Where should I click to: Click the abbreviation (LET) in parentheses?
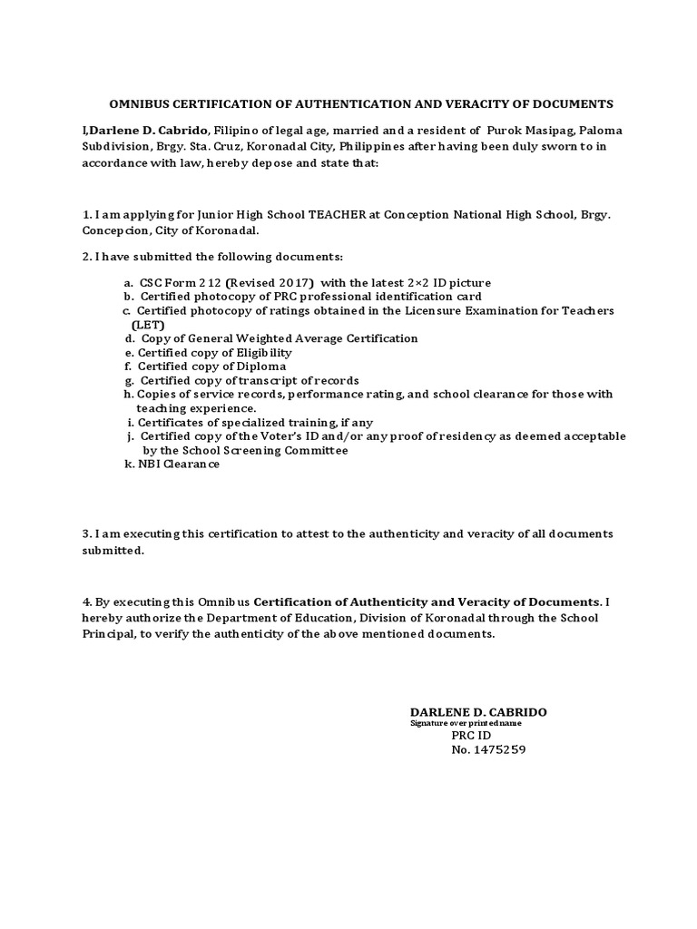(x=149, y=324)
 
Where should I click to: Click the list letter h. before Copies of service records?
(x=129, y=395)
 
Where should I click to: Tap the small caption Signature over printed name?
(x=466, y=723)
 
